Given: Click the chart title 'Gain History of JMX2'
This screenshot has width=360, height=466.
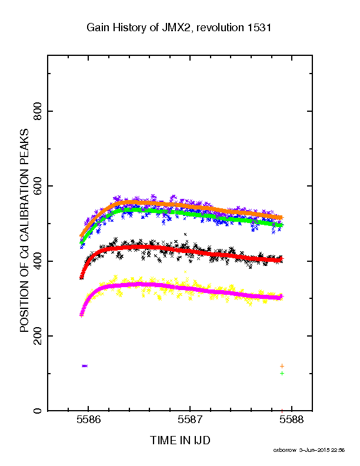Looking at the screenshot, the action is (x=138, y=28).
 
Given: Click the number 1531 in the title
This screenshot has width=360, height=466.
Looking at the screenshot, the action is (x=258, y=27).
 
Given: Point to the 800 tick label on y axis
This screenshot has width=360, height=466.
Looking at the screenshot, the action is (x=38, y=111).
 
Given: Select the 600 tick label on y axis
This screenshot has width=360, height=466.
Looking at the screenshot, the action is (x=38, y=186).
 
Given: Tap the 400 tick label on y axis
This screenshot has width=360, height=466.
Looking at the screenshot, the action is (x=38, y=261).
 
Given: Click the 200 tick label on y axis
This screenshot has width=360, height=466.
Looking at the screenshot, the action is (x=38, y=336).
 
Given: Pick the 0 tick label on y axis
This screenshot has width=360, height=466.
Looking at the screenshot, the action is (x=38, y=411).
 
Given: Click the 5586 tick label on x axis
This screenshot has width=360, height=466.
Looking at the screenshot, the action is (x=88, y=420).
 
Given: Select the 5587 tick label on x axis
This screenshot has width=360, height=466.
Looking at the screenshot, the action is (x=190, y=420).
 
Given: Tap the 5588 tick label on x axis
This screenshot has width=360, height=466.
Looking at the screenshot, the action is (x=292, y=420).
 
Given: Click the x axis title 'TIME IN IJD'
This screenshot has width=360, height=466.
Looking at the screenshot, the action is (x=180, y=441).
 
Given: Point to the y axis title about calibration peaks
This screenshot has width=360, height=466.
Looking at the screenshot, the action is (x=24, y=231).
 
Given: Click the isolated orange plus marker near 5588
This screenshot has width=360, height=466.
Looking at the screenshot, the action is (x=282, y=366).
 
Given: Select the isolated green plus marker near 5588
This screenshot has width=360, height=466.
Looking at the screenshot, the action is (x=282, y=373).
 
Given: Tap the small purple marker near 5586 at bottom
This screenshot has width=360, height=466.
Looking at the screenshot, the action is (x=85, y=366).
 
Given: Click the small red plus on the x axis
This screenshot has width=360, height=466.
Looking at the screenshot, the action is (x=282, y=411).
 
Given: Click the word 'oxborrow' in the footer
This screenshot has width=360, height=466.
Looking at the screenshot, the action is (x=285, y=450).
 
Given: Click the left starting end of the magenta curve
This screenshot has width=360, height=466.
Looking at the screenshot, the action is (x=81, y=315).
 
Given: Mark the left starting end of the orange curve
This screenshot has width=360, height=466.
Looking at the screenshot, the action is (x=81, y=236).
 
